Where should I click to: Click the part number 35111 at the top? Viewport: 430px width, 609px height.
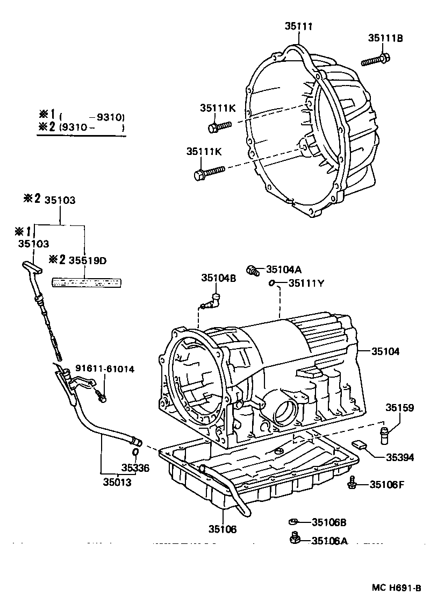coord(299,25)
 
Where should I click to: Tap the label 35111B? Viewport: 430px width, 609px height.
coord(385,38)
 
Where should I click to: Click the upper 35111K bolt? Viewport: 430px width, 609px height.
coord(218,127)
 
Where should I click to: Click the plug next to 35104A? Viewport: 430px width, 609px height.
coord(252,270)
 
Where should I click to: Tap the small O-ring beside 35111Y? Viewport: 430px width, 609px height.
coord(272,283)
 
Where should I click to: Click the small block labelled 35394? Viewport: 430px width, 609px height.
coord(360,444)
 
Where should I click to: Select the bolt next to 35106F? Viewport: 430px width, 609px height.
coord(352,483)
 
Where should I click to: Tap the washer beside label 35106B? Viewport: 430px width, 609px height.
coord(293,522)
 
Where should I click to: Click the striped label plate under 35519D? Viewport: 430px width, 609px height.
coord(87,281)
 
